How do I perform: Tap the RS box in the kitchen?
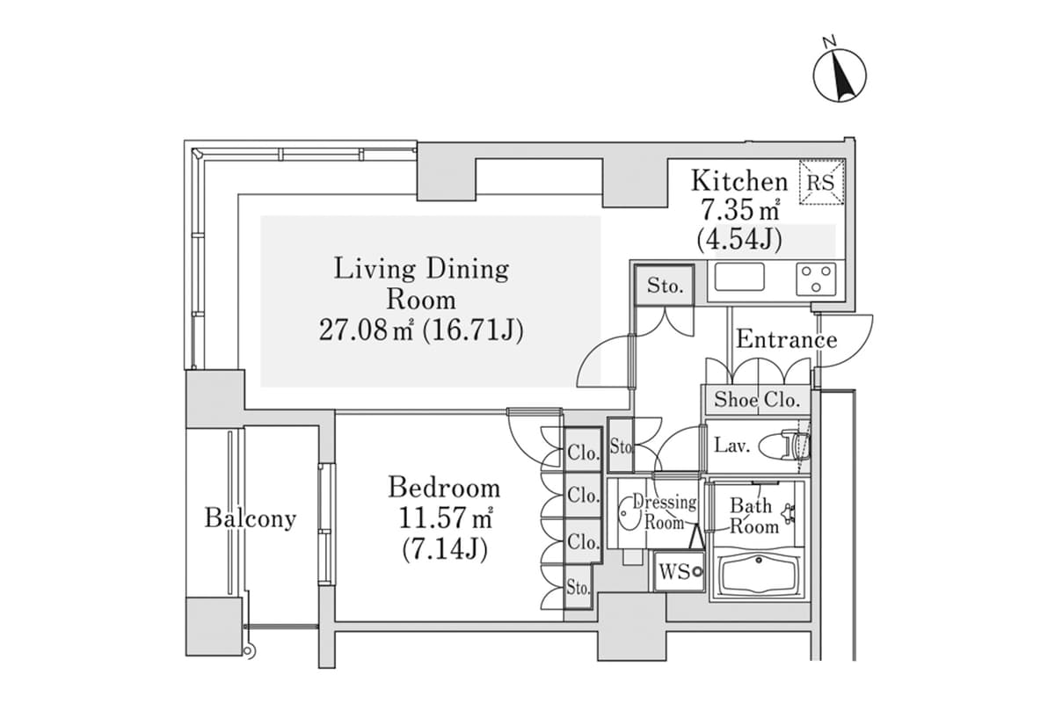coord(822,182)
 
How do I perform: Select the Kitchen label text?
coord(738,182)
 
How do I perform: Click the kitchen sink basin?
coord(739,279)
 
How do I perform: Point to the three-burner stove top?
coord(818,279)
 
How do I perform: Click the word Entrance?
coord(786,339)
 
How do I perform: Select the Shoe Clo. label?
coord(756,400)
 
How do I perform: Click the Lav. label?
coord(731,446)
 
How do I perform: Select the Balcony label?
coord(250,518)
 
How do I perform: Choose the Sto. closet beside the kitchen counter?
coord(665,286)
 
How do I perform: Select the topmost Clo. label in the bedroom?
coord(583,453)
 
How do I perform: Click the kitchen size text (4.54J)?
coord(738,238)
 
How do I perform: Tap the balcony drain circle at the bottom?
coord(251,652)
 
